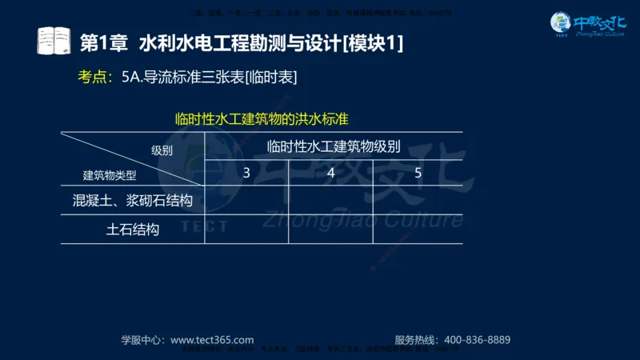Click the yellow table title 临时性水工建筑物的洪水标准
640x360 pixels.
(262, 120)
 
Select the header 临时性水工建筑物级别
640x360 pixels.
(334, 146)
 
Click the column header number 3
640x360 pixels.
(246, 172)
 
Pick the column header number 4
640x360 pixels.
(330, 172)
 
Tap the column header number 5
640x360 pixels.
(418, 172)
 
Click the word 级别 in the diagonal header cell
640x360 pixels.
(162, 150)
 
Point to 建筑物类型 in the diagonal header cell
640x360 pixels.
(110, 175)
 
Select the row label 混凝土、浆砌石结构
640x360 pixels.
(132, 200)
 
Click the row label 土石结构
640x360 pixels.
(133, 230)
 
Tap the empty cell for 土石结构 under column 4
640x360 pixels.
(330, 230)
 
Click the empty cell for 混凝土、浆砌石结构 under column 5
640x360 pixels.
(418, 200)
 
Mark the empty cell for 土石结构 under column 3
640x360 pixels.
(246, 230)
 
